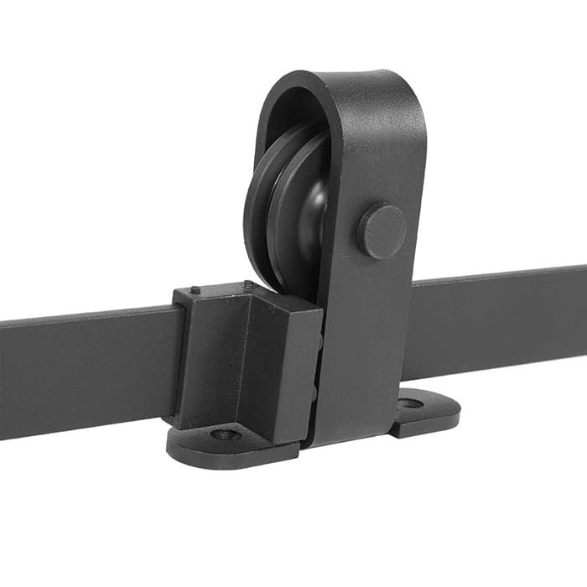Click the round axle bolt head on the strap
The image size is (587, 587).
click(382, 231)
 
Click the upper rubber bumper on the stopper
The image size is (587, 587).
click(317, 344)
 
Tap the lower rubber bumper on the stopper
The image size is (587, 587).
click(314, 394)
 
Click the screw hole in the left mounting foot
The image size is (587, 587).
click(224, 434)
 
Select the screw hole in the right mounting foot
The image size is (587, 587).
click(410, 403)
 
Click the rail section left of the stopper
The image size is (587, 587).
click(84, 369)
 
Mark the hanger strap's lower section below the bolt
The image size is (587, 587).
click(361, 352)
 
